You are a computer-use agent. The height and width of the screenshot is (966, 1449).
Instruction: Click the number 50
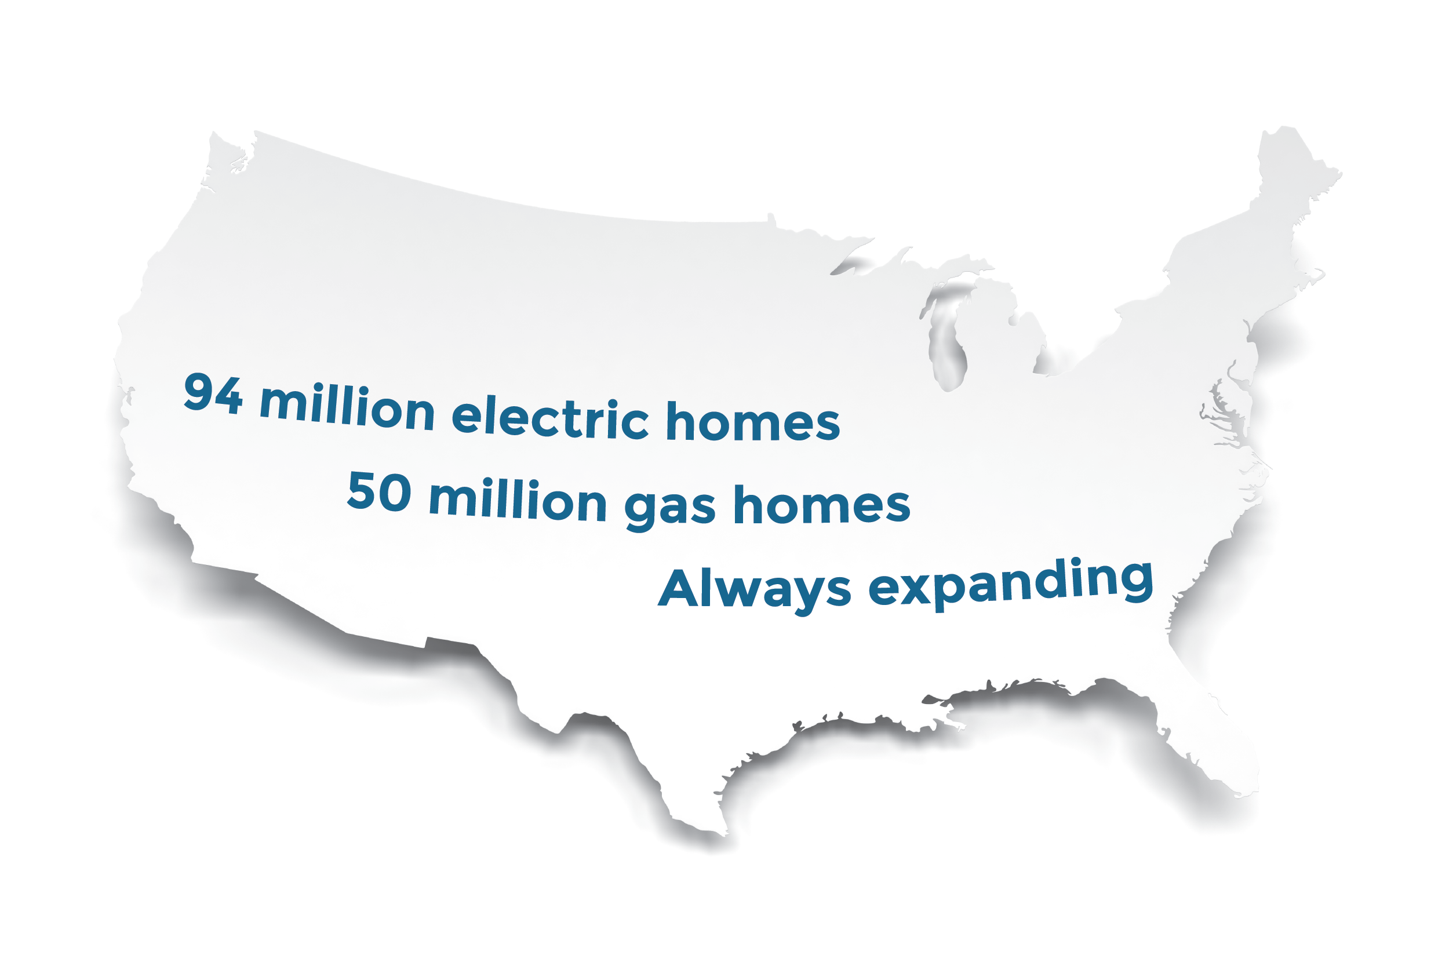379,491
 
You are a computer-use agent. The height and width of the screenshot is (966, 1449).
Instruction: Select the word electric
550,418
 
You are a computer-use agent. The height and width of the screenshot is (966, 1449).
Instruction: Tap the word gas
669,508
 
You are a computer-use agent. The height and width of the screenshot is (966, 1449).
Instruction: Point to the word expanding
1011,584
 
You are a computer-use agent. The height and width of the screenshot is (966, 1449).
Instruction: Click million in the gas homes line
518,500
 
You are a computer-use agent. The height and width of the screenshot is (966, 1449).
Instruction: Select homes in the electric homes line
753,422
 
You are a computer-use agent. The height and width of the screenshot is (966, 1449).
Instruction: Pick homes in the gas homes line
822,505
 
